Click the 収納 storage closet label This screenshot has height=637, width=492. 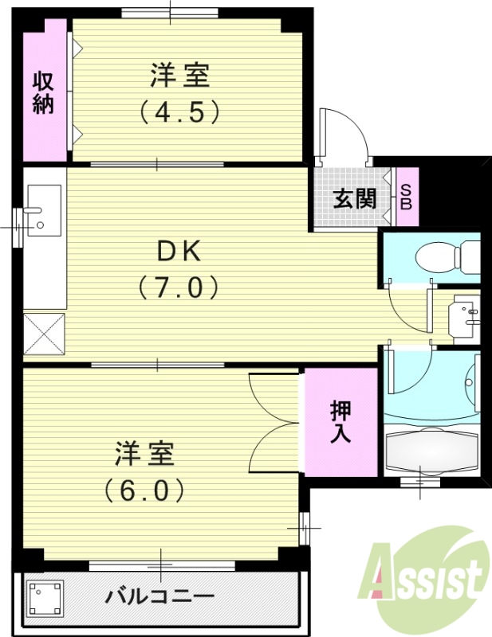pyautogui.click(x=43, y=92)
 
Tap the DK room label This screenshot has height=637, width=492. pyautogui.click(x=181, y=252)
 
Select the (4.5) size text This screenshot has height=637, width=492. pyautogui.click(x=180, y=112)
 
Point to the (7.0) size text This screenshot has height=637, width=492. pyautogui.click(x=179, y=286)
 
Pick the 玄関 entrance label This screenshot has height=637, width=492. pyautogui.click(x=354, y=197)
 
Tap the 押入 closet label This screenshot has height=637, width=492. pyautogui.click(x=342, y=422)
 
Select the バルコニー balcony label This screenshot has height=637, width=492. pyautogui.click(x=160, y=597)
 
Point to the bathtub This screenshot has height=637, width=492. pyautogui.click(x=431, y=451)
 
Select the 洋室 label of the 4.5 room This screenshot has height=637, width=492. pyautogui.click(x=180, y=76)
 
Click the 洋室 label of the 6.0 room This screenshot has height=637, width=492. pyautogui.click(x=144, y=454)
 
